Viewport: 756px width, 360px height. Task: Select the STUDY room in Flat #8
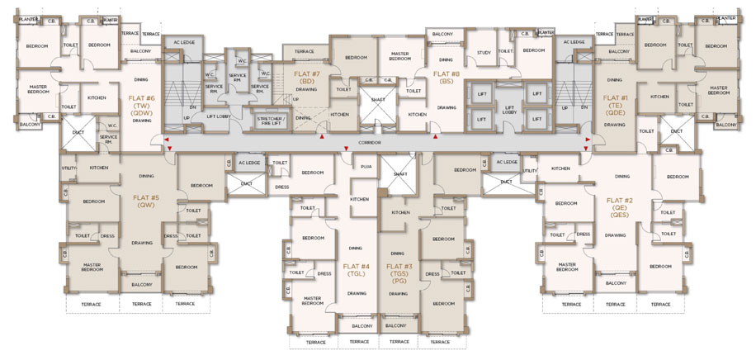coord(484,52)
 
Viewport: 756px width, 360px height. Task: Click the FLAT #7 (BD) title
coord(306,77)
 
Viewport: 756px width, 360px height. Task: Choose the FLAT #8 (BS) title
coord(447,77)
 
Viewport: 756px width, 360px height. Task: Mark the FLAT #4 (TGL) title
coord(356,270)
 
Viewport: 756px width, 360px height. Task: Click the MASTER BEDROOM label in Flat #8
coord(400,54)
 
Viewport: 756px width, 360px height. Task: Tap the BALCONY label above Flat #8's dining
coord(442,34)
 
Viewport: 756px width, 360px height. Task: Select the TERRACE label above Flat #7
coord(304,50)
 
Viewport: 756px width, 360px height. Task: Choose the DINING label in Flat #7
coord(303,117)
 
